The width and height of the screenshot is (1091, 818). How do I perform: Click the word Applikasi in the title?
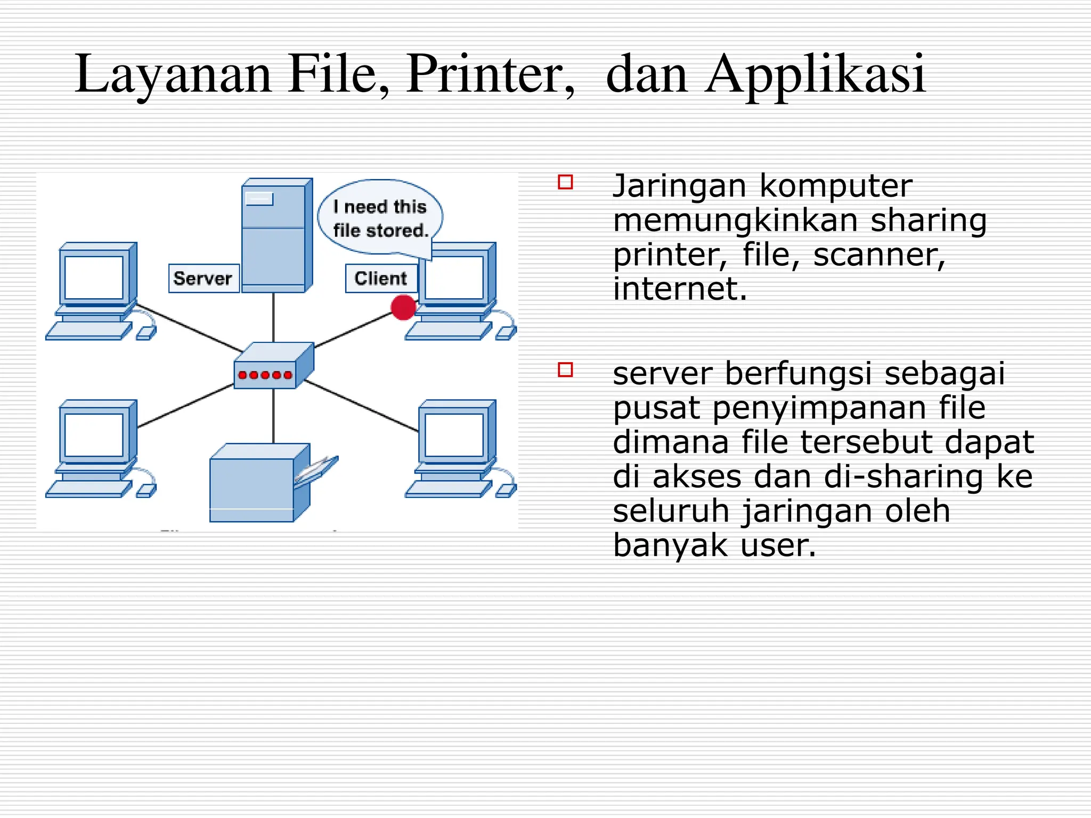pyautogui.click(x=815, y=75)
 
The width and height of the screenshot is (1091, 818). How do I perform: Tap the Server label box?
pyautogui.click(x=203, y=278)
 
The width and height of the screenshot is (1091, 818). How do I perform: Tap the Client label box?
pyautogui.click(x=381, y=278)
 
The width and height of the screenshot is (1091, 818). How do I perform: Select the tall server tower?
pyautogui.click(x=276, y=234)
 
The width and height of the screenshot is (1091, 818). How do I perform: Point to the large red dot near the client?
pyautogui.click(x=403, y=307)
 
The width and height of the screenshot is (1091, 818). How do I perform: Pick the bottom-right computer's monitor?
pyautogui.click(x=454, y=434)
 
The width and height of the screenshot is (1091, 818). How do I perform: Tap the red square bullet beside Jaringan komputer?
pyautogui.click(x=565, y=182)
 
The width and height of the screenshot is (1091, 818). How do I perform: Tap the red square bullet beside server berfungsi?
pyautogui.click(x=565, y=370)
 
